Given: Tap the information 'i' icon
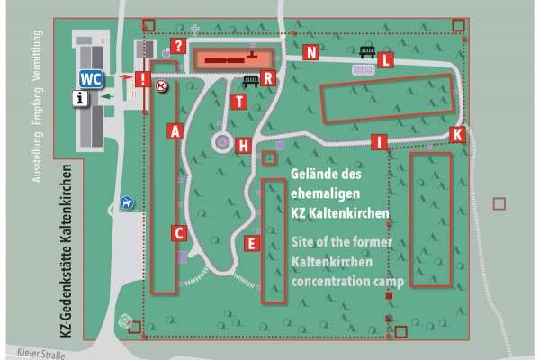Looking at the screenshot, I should tap(83, 99).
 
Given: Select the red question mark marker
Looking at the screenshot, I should tap(178, 46).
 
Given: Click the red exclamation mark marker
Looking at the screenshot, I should tap(141, 78).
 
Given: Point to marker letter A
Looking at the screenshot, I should tap(176, 130).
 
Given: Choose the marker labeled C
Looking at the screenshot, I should tap(179, 233).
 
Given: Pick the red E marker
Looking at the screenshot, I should tap(252, 242).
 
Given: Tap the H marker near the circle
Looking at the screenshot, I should tap(243, 145).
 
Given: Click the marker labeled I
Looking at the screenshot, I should tap(380, 141).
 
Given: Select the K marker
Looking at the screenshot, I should tap(457, 134).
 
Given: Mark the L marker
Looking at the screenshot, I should tap(386, 60).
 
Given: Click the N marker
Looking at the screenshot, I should tap(311, 52).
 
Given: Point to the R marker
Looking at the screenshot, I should tap(267, 78).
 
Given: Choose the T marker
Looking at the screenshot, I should tap(238, 101).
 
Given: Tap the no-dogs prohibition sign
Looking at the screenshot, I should tap(161, 86).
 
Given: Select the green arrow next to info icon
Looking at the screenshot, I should tap(106, 94).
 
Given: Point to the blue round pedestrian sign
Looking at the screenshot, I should tap(127, 203).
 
